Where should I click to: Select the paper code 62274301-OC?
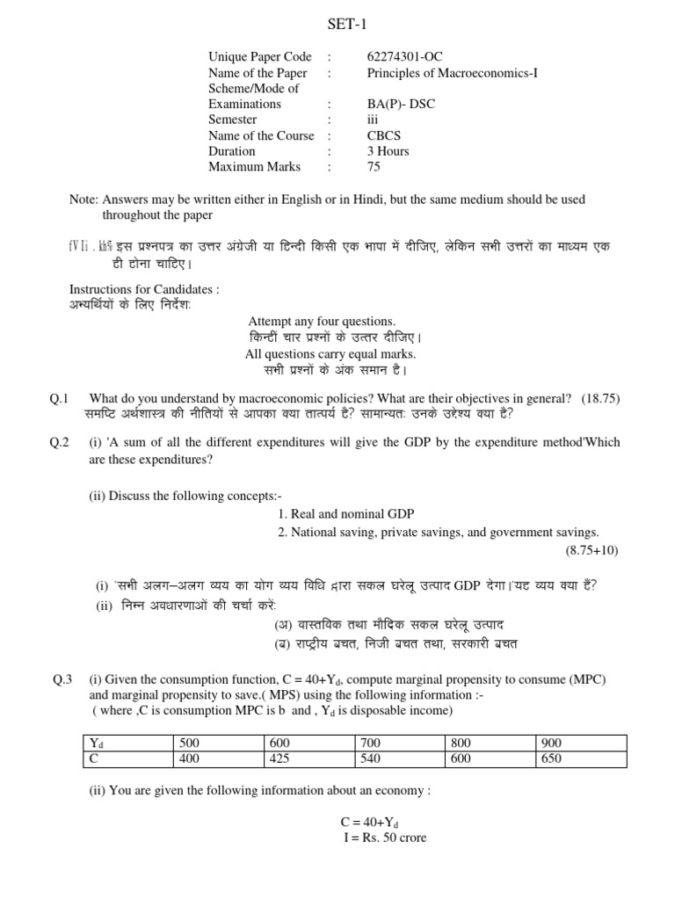click(x=405, y=57)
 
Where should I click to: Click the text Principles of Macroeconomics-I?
click(x=452, y=73)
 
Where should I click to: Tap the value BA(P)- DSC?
click(x=401, y=104)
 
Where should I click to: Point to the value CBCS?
click(x=384, y=135)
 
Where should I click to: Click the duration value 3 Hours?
click(x=388, y=151)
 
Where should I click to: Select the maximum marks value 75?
click(x=374, y=166)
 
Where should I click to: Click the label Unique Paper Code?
click(x=260, y=57)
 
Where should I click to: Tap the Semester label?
click(x=233, y=120)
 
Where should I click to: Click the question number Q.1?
click(x=61, y=398)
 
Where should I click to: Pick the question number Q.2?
click(x=61, y=442)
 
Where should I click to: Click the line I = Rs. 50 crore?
click(x=385, y=838)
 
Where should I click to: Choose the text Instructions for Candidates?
click(x=144, y=289)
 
